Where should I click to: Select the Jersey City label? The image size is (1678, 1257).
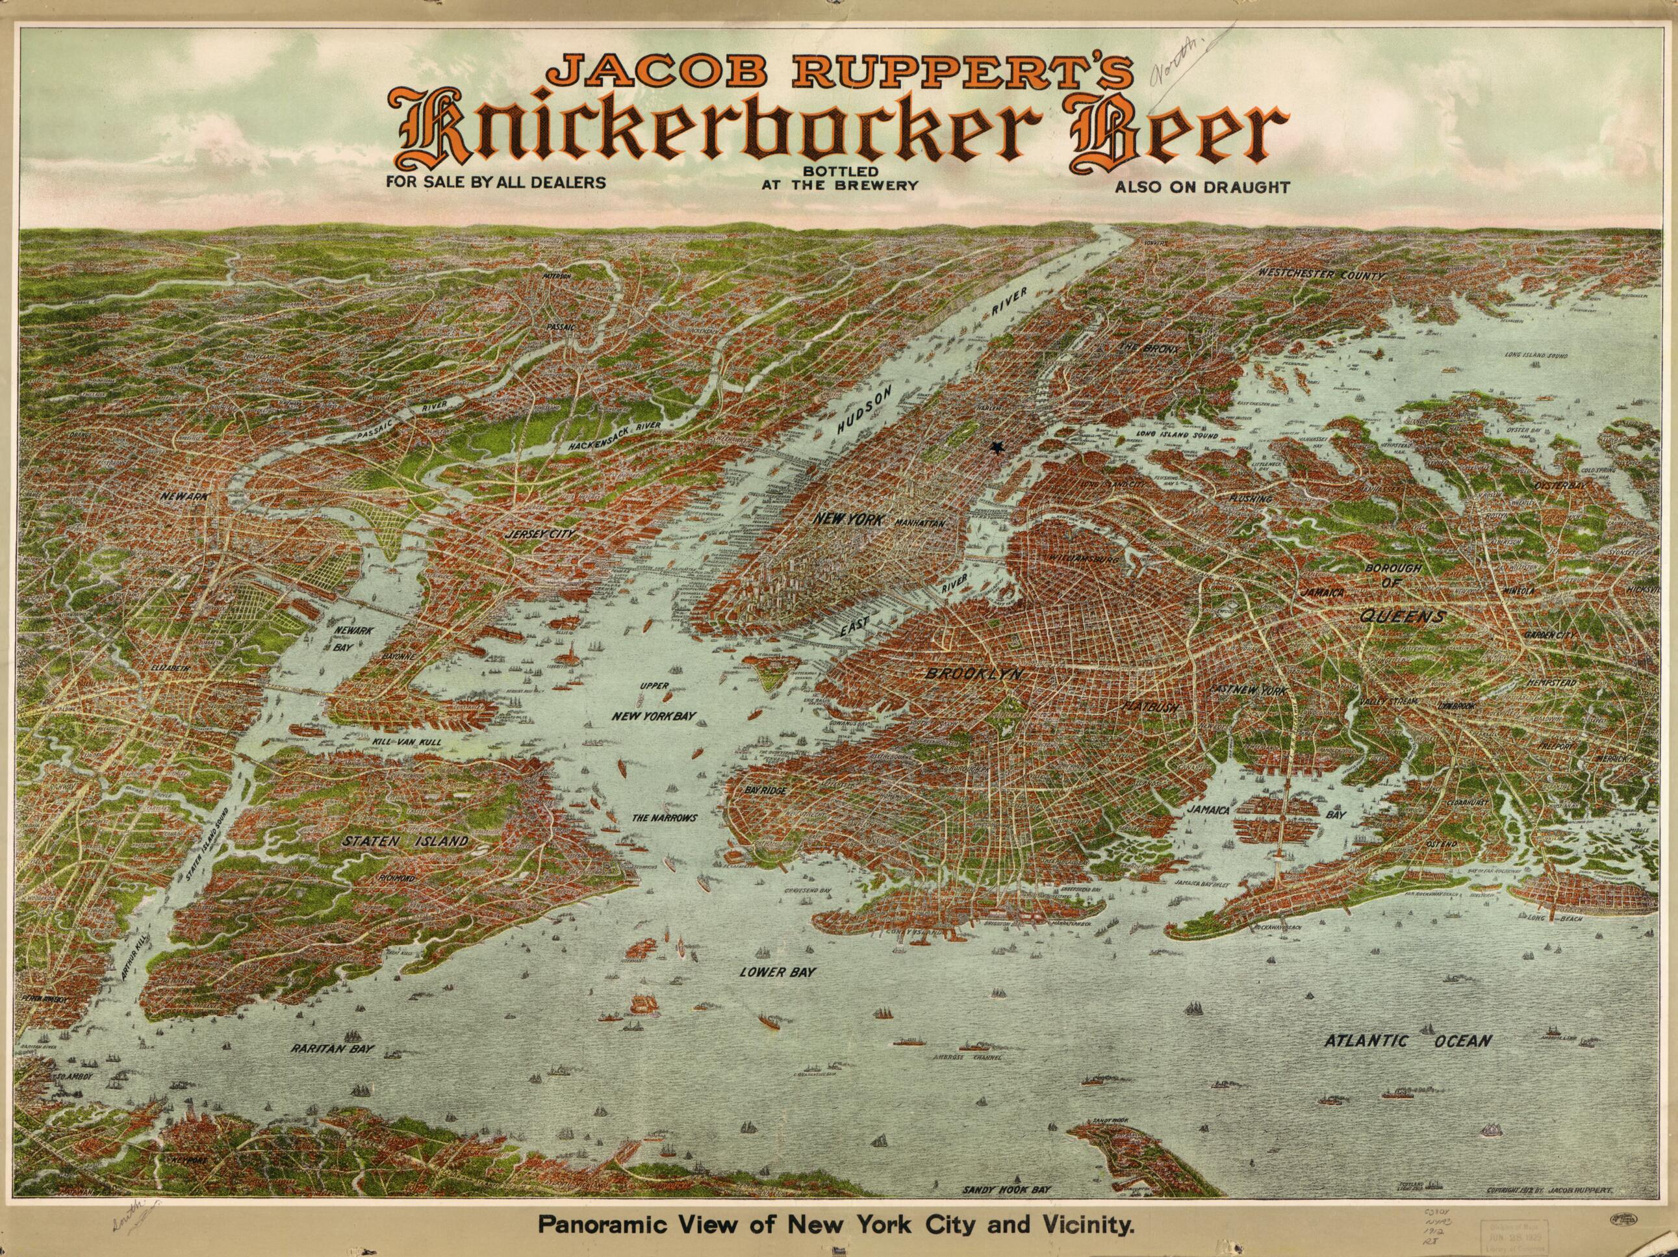540,534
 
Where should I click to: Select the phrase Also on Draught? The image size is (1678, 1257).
1202,187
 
